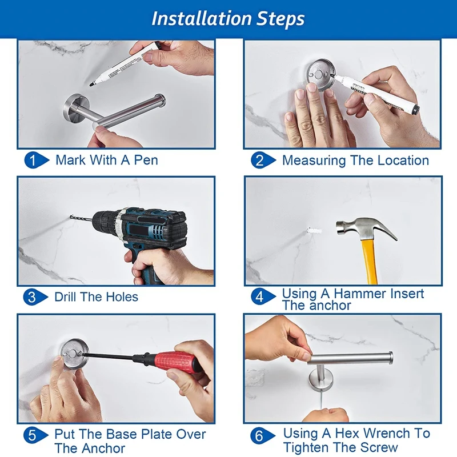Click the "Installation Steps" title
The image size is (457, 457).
228,19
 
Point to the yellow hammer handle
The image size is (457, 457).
370,262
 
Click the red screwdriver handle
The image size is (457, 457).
177,362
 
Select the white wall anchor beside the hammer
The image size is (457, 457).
314,231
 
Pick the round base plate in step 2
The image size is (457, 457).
320,75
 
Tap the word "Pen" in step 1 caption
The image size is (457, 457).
146,160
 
